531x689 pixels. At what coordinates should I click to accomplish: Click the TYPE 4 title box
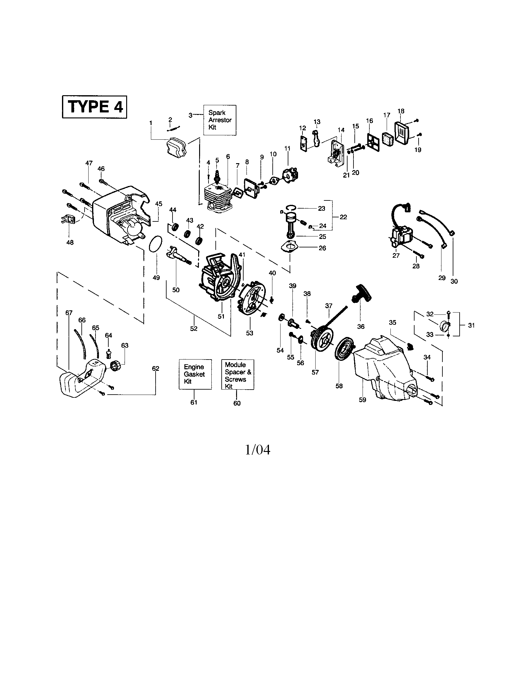[x=95, y=107]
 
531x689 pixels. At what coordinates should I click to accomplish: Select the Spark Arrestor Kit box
[x=220, y=120]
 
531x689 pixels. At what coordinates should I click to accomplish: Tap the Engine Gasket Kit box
[x=195, y=374]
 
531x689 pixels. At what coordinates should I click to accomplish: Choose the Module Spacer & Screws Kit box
[x=237, y=375]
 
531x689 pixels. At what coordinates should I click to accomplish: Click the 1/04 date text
[x=258, y=450]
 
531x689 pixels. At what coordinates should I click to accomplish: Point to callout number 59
[x=363, y=400]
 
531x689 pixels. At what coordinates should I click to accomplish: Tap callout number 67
[x=69, y=313]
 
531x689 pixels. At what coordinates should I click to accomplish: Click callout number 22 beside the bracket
[x=343, y=217]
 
